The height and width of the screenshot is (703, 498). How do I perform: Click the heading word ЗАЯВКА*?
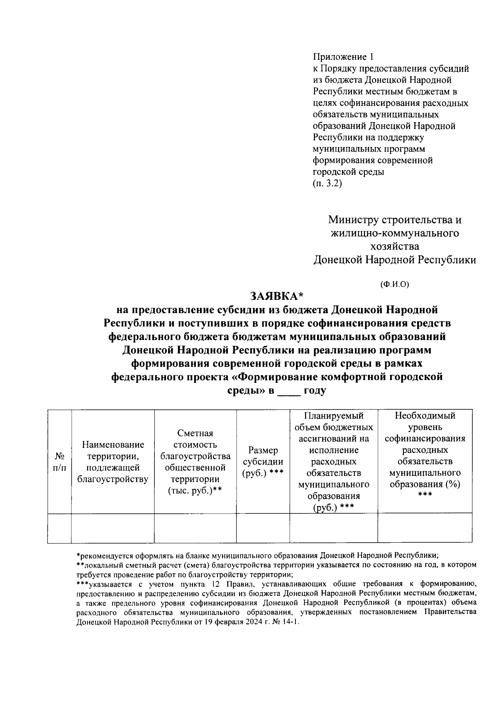tap(276, 296)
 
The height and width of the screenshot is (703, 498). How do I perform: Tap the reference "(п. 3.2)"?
tap(327, 183)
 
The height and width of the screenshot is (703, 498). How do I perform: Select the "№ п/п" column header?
tap(59, 462)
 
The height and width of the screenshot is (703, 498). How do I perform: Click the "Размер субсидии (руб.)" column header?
tap(263, 462)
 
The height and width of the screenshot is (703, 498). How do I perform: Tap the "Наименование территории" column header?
tap(113, 462)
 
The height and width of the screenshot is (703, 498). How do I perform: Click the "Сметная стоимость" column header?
tap(195, 462)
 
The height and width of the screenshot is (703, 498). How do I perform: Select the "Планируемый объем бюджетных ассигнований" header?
tap(333, 462)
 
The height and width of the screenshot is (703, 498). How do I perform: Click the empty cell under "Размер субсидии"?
tap(263, 528)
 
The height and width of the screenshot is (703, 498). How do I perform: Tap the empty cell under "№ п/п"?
tap(59, 528)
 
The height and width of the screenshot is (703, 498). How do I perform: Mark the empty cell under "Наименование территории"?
tap(113, 528)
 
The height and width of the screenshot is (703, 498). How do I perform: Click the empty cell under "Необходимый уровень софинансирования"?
tap(425, 528)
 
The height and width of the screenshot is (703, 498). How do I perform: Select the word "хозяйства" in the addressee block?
tap(394, 246)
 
